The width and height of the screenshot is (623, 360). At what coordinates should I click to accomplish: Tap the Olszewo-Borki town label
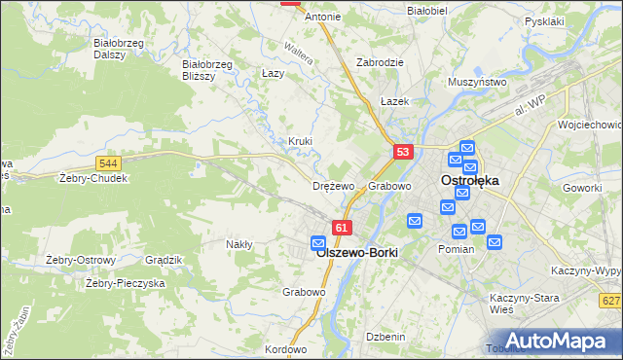tap(357, 251)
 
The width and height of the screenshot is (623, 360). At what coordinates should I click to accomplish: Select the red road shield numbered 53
tap(404, 152)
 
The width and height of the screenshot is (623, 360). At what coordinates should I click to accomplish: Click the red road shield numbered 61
tap(341, 228)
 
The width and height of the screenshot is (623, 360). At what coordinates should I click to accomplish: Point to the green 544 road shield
tap(109, 162)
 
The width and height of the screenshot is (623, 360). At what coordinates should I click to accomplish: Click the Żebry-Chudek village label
tap(93, 179)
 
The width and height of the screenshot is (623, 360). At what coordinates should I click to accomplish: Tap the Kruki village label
tap(300, 141)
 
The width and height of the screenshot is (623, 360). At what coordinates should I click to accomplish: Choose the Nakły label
tap(238, 244)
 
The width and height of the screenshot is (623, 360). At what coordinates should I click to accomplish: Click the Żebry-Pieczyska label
tap(125, 283)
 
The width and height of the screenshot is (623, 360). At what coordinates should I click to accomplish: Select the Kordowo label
tap(285, 348)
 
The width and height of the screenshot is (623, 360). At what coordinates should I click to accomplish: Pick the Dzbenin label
tap(385, 336)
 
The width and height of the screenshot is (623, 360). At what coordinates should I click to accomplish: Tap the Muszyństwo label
tap(477, 83)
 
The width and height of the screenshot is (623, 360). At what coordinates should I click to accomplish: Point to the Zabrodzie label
tap(380, 61)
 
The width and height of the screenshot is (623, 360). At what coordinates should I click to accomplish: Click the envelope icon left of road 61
tap(318, 242)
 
